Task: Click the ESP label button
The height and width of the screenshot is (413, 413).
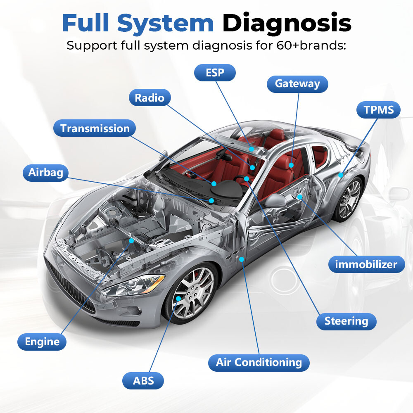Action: click(215, 73)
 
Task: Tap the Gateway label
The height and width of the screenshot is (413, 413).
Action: click(297, 84)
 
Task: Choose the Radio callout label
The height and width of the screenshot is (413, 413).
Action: click(150, 98)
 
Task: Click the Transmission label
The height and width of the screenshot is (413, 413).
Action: click(95, 128)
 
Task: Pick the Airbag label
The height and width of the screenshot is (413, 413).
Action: click(45, 172)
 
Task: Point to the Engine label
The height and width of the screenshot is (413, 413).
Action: click(42, 342)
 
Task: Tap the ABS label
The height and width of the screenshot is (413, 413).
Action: click(143, 380)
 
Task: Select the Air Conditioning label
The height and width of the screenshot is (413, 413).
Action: click(259, 363)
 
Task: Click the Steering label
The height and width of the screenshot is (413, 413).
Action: click(346, 321)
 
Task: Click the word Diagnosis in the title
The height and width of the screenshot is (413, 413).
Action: click(287, 24)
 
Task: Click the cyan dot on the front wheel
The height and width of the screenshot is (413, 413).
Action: click(178, 299)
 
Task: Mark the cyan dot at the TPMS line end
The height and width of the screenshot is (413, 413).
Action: click(341, 175)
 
